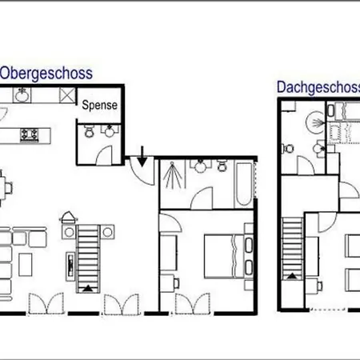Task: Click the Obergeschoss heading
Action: [x=46, y=74]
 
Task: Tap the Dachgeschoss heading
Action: [x=318, y=87]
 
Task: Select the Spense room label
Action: [x=99, y=105]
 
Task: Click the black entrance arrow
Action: [x=142, y=156]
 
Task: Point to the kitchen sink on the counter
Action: [x=22, y=95]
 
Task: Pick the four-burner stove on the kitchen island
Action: [x=30, y=134]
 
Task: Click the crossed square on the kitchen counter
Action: [x=67, y=95]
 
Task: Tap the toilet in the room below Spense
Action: [x=89, y=131]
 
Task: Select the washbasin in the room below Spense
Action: [x=110, y=130]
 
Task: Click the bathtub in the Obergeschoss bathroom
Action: [x=243, y=184]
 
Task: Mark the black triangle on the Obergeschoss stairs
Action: [x=88, y=288]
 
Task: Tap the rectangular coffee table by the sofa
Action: [x=26, y=265]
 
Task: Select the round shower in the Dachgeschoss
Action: [x=315, y=122]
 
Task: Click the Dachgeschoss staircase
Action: [x=293, y=249]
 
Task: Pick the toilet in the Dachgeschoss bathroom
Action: [x=288, y=148]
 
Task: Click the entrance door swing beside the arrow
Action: [x=142, y=171]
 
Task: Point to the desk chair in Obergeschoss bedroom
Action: [x=177, y=283]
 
